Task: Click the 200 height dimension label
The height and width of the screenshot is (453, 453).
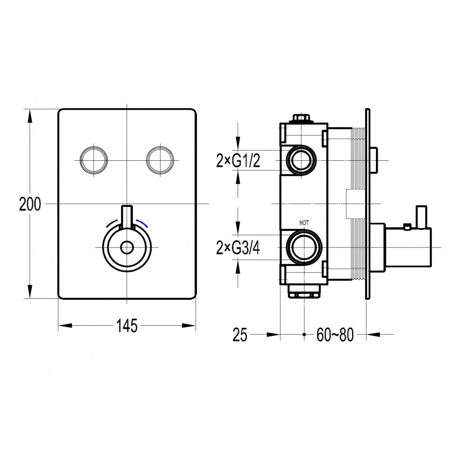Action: pyautogui.click(x=30, y=204)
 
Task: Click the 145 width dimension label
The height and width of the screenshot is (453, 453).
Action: pyautogui.click(x=127, y=325)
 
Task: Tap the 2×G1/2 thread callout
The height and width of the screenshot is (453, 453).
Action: pyautogui.click(x=238, y=162)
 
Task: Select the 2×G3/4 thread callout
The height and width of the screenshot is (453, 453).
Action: pyautogui.click(x=238, y=248)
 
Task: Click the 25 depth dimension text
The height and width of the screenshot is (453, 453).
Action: pyautogui.click(x=240, y=335)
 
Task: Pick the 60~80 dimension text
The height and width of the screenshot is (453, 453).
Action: pyautogui.click(x=335, y=335)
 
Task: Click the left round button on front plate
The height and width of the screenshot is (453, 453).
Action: pyautogui.click(x=94, y=160)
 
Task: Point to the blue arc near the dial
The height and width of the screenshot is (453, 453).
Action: pyautogui.click(x=143, y=223)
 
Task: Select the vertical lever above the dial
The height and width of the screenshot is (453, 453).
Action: pyautogui.click(x=126, y=216)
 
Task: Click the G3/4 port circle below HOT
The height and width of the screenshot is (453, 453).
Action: pyautogui.click(x=304, y=247)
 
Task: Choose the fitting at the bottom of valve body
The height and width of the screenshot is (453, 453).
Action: pyautogui.click(x=304, y=292)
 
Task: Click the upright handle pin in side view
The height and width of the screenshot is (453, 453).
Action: pyautogui.click(x=421, y=216)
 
